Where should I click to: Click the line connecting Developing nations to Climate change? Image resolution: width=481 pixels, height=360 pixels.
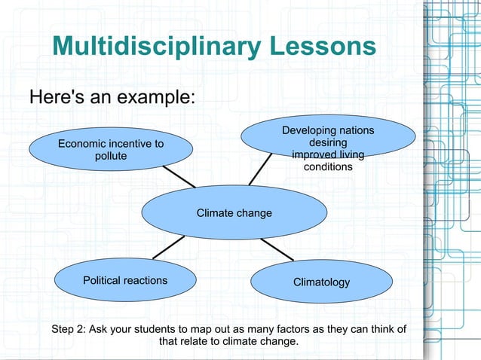pos(261,169)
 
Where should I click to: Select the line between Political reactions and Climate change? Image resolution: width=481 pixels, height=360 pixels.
pos(169,247)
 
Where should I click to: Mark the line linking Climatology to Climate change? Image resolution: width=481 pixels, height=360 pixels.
pos(277,249)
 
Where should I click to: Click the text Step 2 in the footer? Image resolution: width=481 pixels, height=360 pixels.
pos(67,329)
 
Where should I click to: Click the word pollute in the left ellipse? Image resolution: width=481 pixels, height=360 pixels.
pos(110,156)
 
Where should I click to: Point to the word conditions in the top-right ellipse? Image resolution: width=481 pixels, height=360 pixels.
pos(327,166)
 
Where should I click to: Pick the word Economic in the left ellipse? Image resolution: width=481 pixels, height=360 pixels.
pos(81,144)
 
